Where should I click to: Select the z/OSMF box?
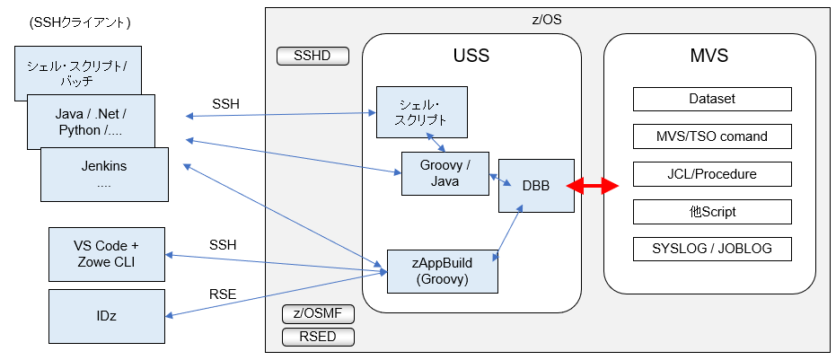click(318, 314)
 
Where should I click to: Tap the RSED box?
click(318, 337)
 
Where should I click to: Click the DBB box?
click(536, 186)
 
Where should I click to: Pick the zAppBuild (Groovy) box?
click(443, 270)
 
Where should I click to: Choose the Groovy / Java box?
click(444, 173)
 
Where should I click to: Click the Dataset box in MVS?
click(712, 99)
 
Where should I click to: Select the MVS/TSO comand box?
click(712, 136)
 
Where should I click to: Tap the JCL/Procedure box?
click(712, 174)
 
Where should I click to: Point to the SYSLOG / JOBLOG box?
click(712, 249)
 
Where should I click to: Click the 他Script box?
click(712, 212)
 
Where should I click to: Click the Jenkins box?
click(104, 174)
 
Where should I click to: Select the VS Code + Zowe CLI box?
click(106, 254)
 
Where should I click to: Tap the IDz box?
click(106, 315)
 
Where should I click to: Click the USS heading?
click(471, 57)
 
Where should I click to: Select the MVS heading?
click(708, 57)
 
